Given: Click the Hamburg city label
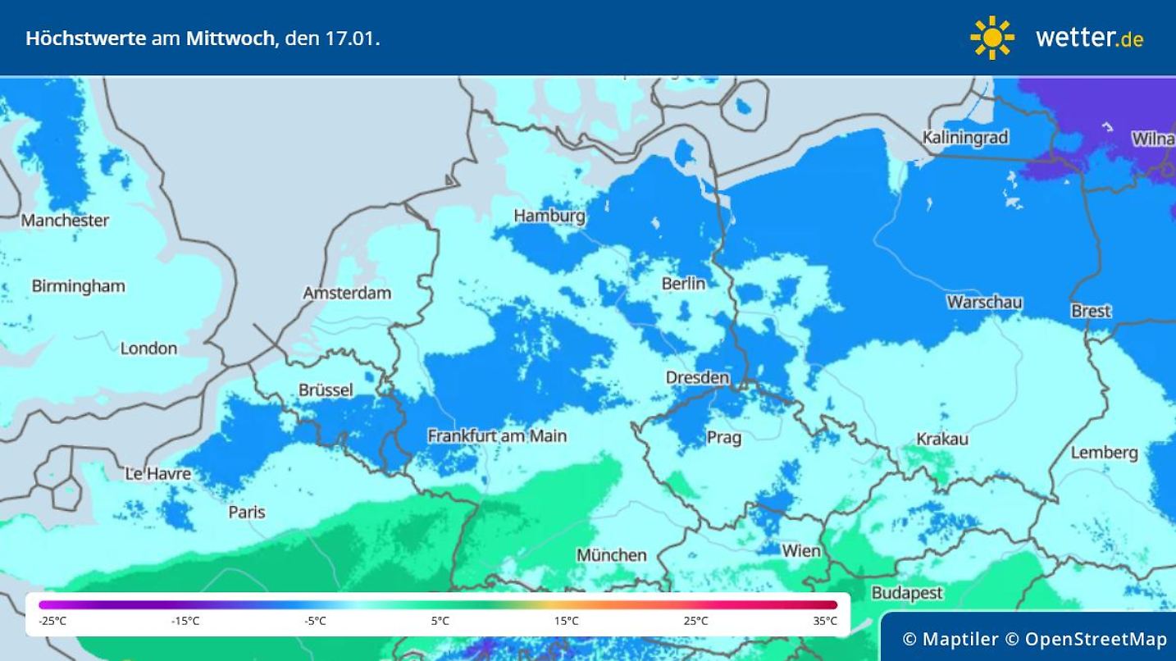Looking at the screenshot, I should [549, 216].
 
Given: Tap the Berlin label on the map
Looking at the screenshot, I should [683, 283].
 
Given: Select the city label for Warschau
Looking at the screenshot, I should [984, 302].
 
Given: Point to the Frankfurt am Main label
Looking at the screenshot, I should [497, 435].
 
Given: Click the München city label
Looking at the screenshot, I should [611, 555].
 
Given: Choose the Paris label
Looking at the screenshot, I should [247, 512].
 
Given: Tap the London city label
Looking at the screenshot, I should [148, 348].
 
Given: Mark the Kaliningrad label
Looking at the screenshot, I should [964, 137].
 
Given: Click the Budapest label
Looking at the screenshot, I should [906, 592].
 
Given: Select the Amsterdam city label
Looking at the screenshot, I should [347, 293].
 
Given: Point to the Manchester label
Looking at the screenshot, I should [65, 220].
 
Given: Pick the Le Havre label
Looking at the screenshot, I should [157, 473].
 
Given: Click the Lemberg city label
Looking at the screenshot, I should [1104, 452].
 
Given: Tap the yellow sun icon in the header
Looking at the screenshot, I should [991, 38].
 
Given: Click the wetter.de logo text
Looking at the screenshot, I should [1089, 38].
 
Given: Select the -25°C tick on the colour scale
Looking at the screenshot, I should [52, 621].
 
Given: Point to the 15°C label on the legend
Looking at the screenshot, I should [566, 621].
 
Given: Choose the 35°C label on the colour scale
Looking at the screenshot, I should [825, 621].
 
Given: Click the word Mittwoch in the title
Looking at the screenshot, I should [231, 38].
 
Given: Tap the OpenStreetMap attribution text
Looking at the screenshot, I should [1096, 639].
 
